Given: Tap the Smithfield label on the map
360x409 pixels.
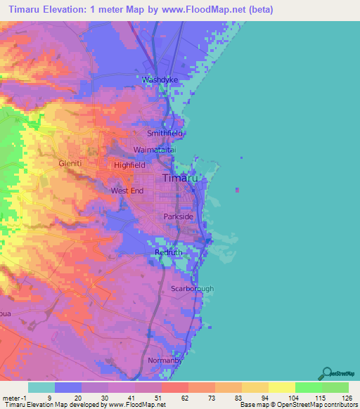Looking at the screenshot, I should pos(165,133).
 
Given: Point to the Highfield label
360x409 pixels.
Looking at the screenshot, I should pos(129,164).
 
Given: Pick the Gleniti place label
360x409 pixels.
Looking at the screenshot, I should pos(71,162).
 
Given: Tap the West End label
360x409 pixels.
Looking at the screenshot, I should pos(127,190).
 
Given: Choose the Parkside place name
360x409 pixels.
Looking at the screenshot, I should pos(179,217).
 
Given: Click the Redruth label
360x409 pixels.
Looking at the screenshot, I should pos(169,252).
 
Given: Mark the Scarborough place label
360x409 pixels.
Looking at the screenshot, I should pos(193,289).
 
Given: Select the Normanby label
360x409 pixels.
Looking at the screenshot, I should pos(165,361).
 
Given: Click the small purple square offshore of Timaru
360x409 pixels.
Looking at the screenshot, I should pos(237,189).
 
